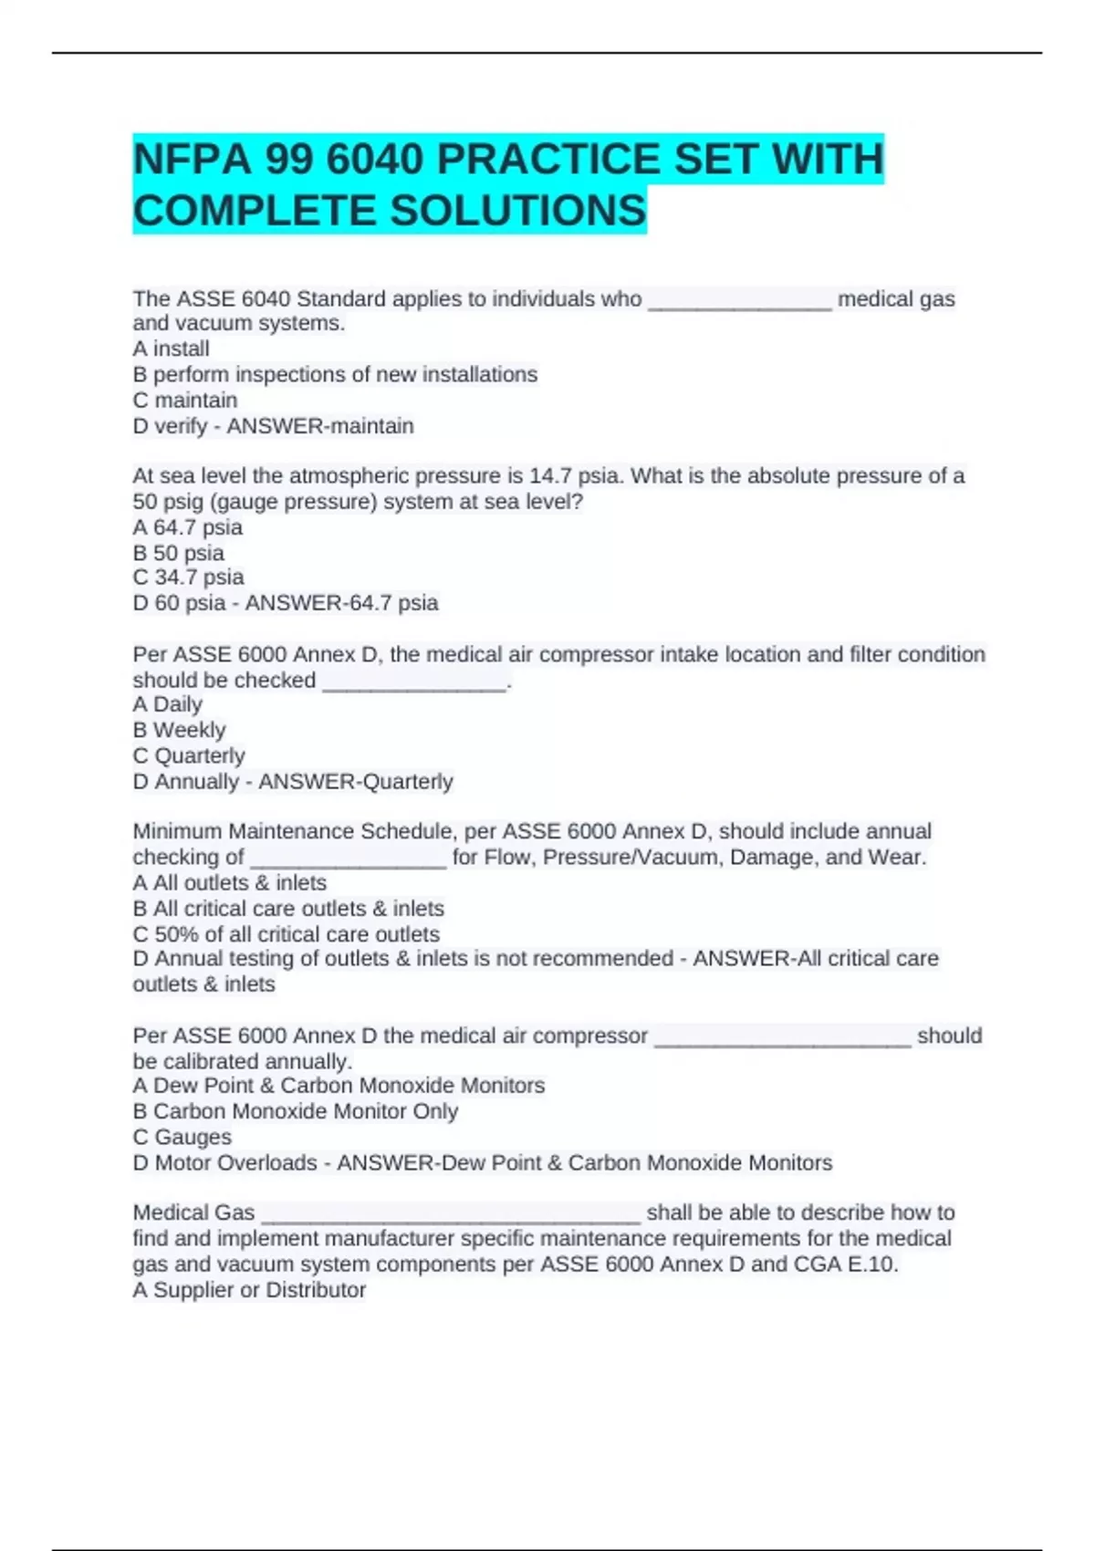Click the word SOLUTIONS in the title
(x=518, y=211)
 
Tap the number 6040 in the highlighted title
(x=375, y=160)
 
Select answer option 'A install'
(x=172, y=349)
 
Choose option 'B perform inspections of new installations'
(x=335, y=374)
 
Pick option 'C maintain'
(x=185, y=400)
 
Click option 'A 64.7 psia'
(x=188, y=527)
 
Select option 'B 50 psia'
(x=179, y=553)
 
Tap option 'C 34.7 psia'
(x=189, y=578)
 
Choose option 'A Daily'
(x=168, y=704)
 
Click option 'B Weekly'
(x=179, y=730)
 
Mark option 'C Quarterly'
(x=189, y=755)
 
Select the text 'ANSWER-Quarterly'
(x=356, y=782)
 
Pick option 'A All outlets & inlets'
(x=230, y=883)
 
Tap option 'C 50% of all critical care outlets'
(x=287, y=934)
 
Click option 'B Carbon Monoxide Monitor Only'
(x=296, y=1111)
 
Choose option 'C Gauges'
(x=182, y=1137)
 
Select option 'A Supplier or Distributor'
(x=249, y=1290)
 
